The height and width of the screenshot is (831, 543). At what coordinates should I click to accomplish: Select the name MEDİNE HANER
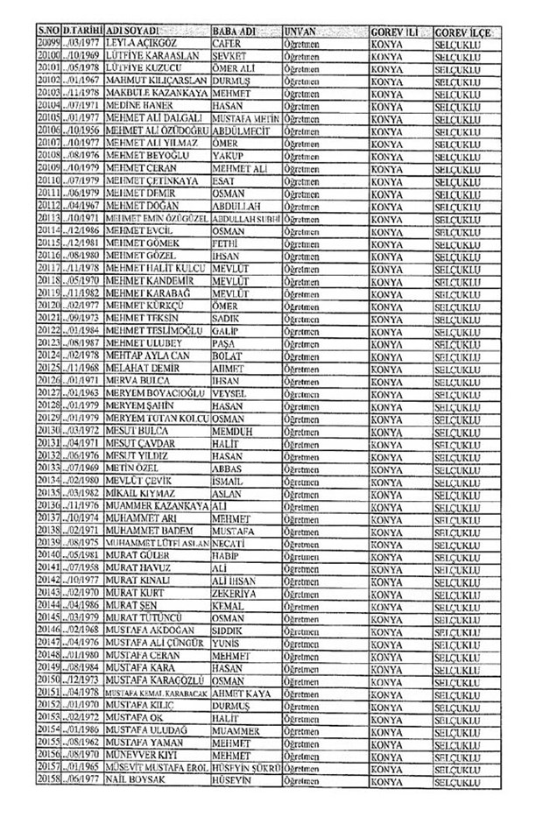[x=135, y=103]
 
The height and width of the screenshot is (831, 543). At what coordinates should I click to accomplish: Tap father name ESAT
[x=225, y=180]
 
